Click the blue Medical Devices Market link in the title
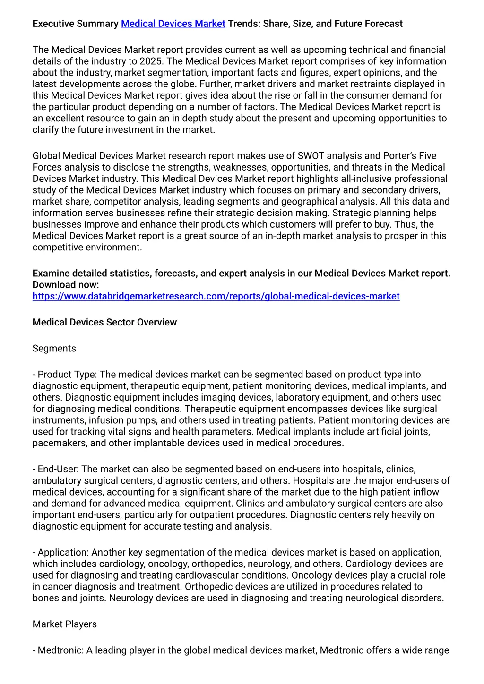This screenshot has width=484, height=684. (173, 24)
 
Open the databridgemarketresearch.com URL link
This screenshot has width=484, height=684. (216, 296)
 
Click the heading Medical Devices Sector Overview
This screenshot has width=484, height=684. (104, 322)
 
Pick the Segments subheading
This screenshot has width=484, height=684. (54, 349)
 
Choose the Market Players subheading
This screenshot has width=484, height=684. (64, 624)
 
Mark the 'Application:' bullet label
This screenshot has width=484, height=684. (63, 553)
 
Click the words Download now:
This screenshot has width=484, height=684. (66, 285)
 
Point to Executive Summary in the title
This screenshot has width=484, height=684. (75, 24)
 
